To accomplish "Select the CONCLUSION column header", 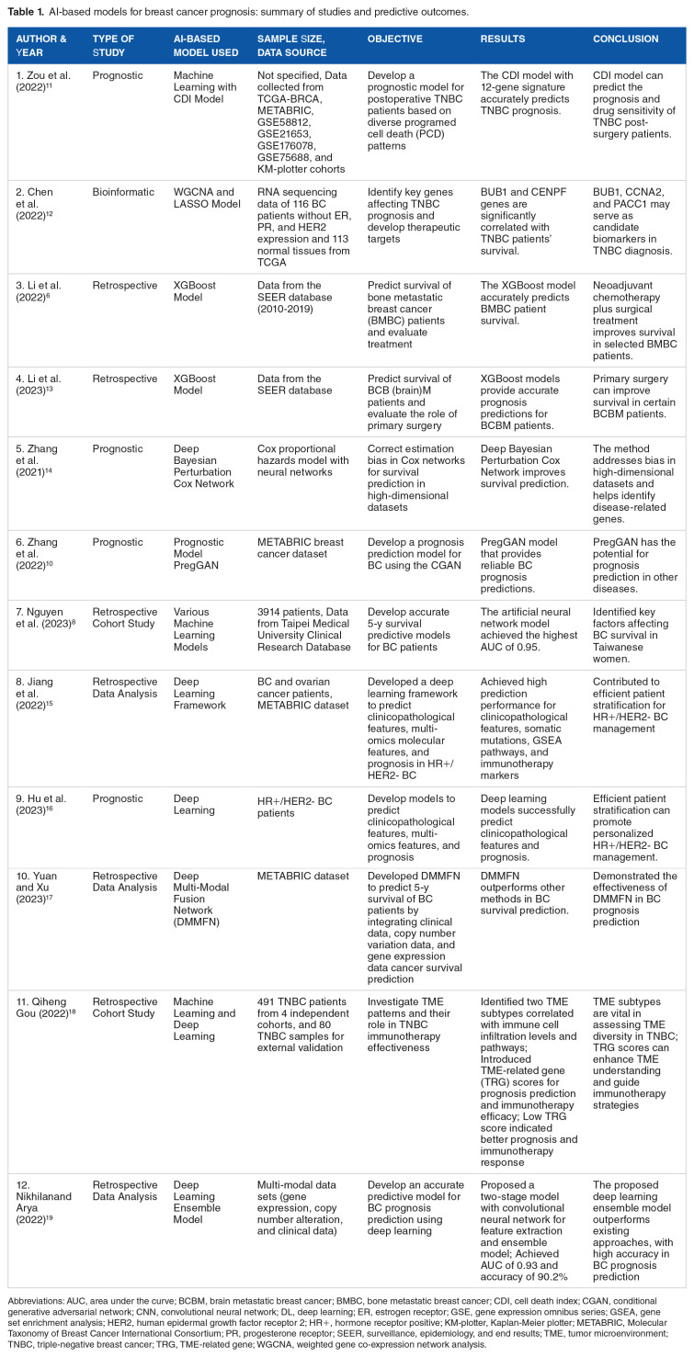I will coord(625,40).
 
